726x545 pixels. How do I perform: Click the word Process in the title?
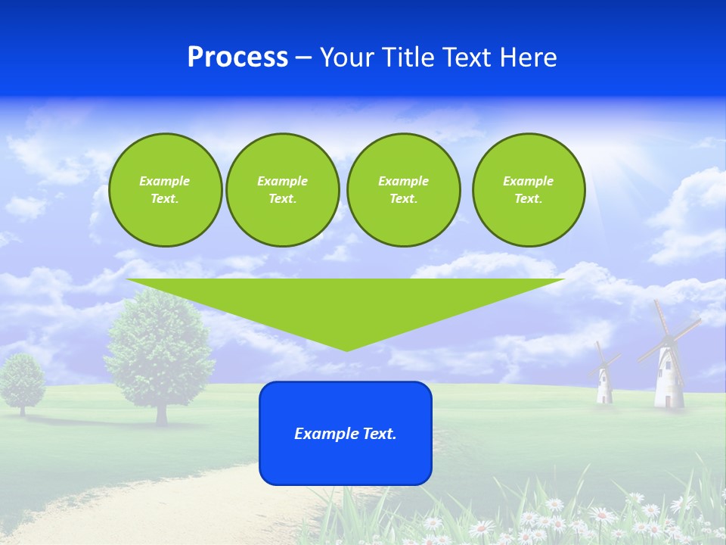(237, 58)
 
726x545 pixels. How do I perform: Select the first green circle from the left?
(165, 190)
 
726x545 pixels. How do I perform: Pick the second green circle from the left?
(282, 190)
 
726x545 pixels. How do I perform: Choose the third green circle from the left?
(403, 190)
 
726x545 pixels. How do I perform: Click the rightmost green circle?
(528, 190)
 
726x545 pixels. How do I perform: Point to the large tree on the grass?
(160, 348)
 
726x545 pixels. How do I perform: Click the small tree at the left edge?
(22, 378)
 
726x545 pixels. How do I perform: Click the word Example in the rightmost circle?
(528, 181)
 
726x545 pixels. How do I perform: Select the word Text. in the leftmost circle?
(165, 199)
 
